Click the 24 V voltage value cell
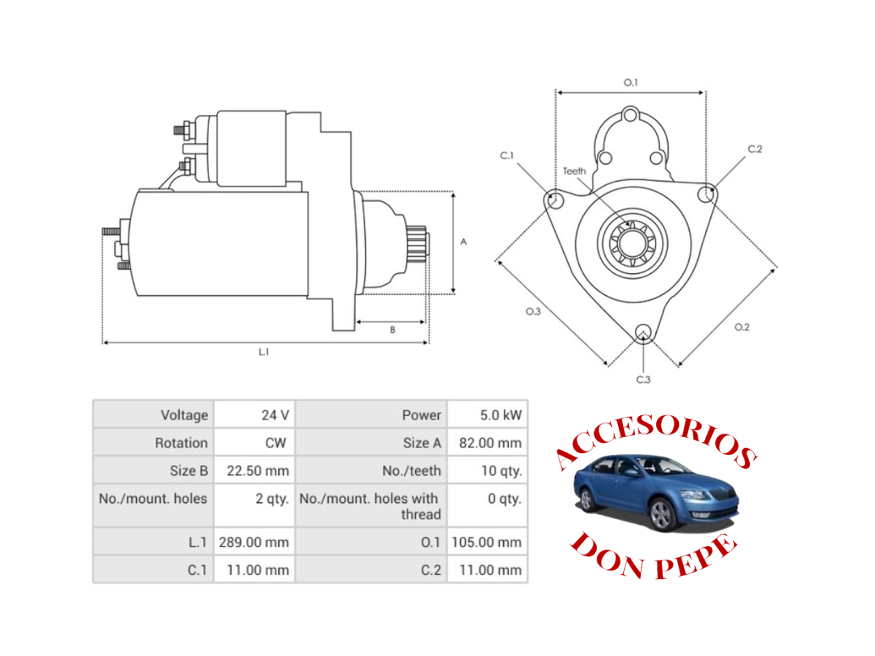[x=275, y=415]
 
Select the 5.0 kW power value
[x=500, y=415]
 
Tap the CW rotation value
[x=275, y=443]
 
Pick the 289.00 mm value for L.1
[x=254, y=542]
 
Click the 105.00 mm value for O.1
[x=486, y=542]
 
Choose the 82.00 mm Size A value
[x=489, y=443]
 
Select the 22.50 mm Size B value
[x=258, y=471]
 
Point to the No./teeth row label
[x=411, y=471]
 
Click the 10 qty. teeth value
[x=501, y=471]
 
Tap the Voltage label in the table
[x=184, y=415]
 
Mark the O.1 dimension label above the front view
[x=630, y=82]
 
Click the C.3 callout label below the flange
[x=643, y=379]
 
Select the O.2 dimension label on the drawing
[x=742, y=327]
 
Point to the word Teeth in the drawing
[x=574, y=171]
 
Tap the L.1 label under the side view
[x=264, y=352]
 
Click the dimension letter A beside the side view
[x=463, y=242]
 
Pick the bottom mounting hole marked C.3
[x=643, y=333]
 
